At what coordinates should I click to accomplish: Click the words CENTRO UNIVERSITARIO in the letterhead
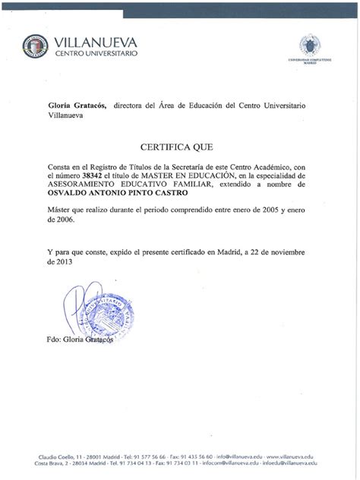click(95, 55)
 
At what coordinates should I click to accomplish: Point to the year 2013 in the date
click(58, 259)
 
